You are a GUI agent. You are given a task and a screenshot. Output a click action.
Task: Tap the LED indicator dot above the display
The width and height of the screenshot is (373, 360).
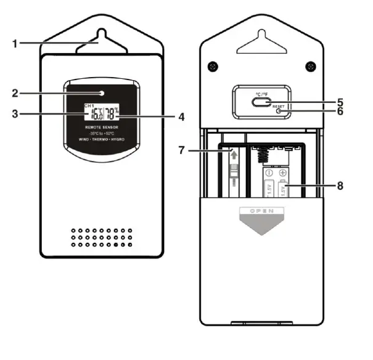(x=102, y=94)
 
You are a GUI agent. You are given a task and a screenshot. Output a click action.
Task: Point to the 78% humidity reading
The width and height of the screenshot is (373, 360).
(x=112, y=114)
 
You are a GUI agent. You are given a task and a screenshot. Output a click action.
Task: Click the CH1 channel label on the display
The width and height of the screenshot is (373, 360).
(x=89, y=106)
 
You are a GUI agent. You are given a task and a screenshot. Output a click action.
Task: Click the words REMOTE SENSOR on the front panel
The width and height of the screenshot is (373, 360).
(x=102, y=126)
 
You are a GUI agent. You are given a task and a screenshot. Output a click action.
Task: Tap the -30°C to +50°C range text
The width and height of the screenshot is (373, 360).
(x=102, y=134)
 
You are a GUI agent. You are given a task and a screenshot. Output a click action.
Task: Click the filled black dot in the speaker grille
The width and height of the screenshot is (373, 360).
(x=115, y=245)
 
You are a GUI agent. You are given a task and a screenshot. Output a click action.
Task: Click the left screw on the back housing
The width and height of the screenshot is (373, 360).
(x=211, y=66)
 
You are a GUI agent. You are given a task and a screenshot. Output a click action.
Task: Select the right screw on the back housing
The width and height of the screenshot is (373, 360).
(x=311, y=66)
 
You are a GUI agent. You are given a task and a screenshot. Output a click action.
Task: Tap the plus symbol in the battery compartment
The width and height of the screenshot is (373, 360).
(x=284, y=173)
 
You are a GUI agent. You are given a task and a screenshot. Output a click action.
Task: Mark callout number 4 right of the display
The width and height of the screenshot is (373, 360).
(x=181, y=115)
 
